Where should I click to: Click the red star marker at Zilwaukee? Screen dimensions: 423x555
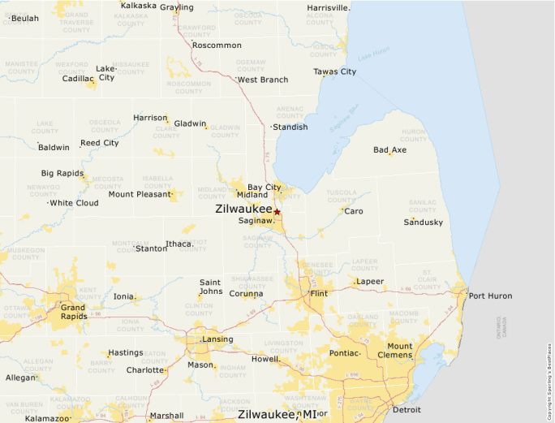coord(277,212)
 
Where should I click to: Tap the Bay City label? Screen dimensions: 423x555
coord(265,188)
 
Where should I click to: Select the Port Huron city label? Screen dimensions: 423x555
coord(490,296)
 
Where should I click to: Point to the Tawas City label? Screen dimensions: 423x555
coord(335,71)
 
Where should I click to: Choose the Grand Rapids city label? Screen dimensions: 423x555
coord(73,313)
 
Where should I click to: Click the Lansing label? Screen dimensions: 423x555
coord(217,339)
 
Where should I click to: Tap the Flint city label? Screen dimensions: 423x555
coord(319,293)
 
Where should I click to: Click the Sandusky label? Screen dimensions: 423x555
coord(424,222)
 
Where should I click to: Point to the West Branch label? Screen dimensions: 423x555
coord(262,80)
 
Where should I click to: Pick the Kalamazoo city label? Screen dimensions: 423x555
coord(47,418)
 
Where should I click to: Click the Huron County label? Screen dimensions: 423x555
coord(413,134)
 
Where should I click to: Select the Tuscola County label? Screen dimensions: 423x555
coord(342,196)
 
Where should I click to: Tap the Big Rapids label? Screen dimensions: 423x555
coord(62,173)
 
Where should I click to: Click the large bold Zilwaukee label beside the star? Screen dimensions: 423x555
coord(243,209)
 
